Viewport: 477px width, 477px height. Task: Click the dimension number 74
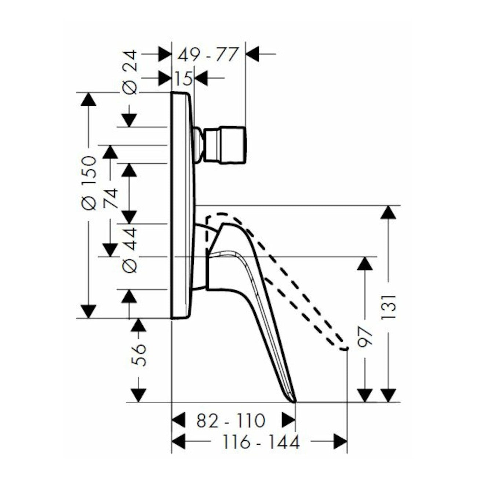(110, 199)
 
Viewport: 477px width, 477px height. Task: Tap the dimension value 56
(139, 355)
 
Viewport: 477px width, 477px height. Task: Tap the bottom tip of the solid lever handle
(294, 401)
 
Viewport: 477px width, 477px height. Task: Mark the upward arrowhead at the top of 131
(389, 213)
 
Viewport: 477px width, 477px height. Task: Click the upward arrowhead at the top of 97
(365, 264)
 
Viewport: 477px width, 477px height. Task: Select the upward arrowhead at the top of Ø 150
(88, 100)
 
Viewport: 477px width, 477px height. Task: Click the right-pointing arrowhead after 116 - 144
(340, 442)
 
